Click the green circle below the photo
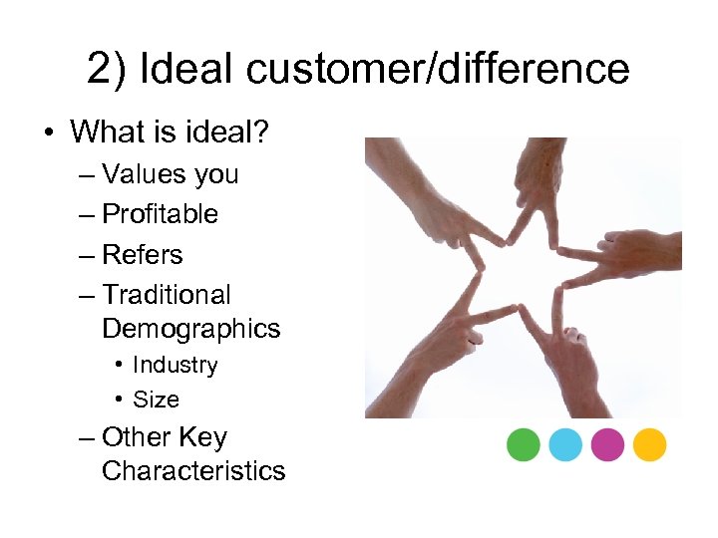pos(523,444)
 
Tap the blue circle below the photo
pos(564,444)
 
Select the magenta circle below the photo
pos(606,444)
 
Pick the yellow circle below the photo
pos(649,444)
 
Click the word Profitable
pos(160,214)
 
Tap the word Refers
pos(143,255)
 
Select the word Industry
pos(175,366)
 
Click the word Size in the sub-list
pos(156,400)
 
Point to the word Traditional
pos(166,295)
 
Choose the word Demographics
pos(191,329)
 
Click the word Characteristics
pos(193,471)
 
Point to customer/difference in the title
pos(437,70)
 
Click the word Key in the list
pos(203,437)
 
